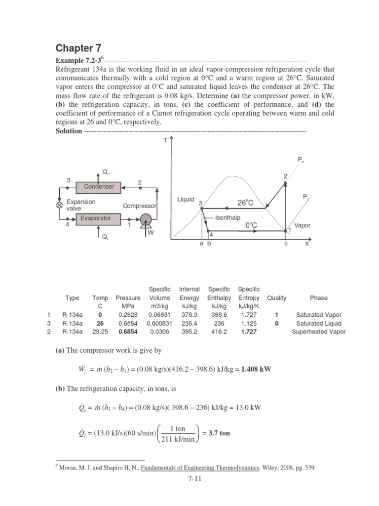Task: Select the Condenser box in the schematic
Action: point(99,187)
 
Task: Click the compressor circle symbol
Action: point(146,219)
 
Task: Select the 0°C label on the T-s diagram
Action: point(252,225)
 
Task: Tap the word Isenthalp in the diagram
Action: point(227,217)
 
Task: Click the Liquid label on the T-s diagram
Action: point(186,200)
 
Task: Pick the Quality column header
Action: point(276,298)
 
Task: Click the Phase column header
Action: point(318,298)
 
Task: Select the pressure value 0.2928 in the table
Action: point(128,315)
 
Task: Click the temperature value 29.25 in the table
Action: point(100,332)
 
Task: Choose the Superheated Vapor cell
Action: point(318,332)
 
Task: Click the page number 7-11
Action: point(189,479)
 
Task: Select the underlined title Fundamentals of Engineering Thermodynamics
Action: point(200,466)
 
